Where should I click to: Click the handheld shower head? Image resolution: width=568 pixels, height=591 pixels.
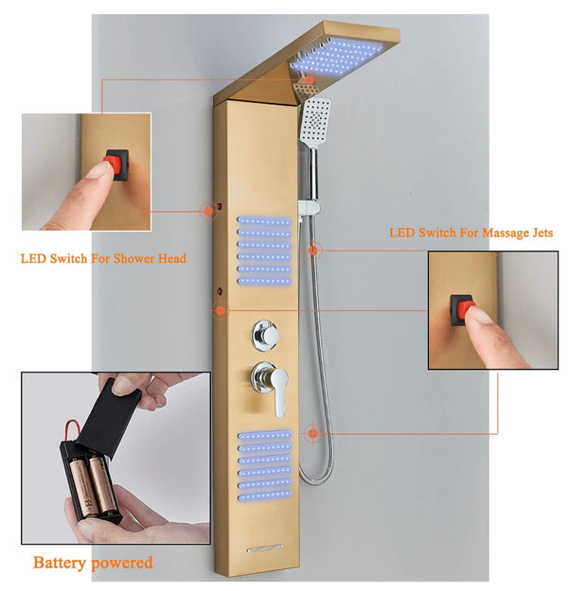coord(317,120)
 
